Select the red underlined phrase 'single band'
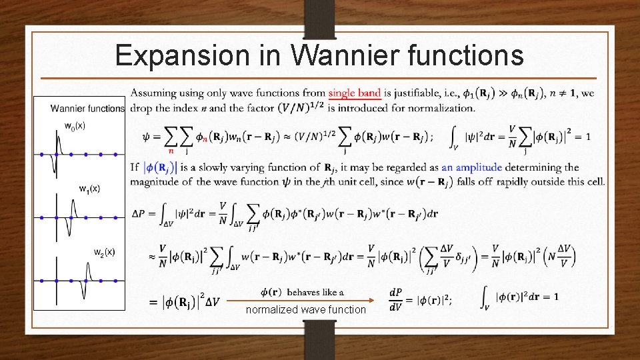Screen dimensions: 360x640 (355, 93)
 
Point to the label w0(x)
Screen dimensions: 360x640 (75, 125)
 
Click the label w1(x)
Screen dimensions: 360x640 (89, 189)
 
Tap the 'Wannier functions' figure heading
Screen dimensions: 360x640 (87, 108)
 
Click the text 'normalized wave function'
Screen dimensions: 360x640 (306, 309)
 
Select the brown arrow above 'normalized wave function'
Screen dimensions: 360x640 (307, 301)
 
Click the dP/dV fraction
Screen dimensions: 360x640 (395, 297)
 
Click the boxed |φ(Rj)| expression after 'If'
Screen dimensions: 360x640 (158, 168)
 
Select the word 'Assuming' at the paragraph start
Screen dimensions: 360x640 (153, 93)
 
